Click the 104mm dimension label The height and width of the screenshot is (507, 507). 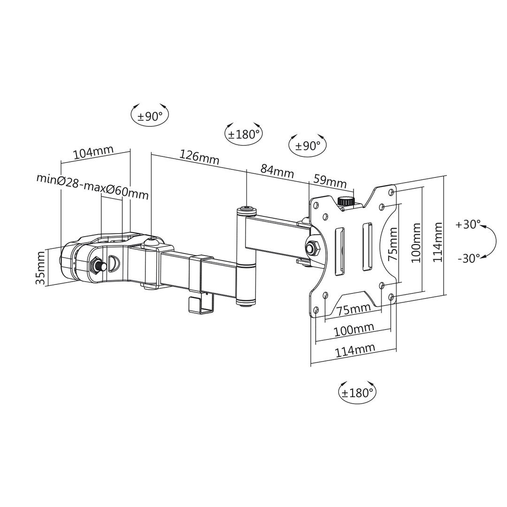(93, 153)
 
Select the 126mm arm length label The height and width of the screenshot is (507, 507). (200, 157)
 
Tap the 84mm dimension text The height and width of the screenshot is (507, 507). (277, 171)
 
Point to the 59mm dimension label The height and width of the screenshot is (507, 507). (330, 181)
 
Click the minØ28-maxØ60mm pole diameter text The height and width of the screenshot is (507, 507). (92, 186)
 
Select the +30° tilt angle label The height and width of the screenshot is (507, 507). (468, 224)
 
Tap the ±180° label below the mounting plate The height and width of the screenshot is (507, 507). (357, 392)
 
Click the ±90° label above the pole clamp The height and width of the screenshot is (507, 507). (150, 116)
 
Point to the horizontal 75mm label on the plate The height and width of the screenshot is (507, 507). (353, 310)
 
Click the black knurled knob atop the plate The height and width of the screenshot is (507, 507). (346, 201)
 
